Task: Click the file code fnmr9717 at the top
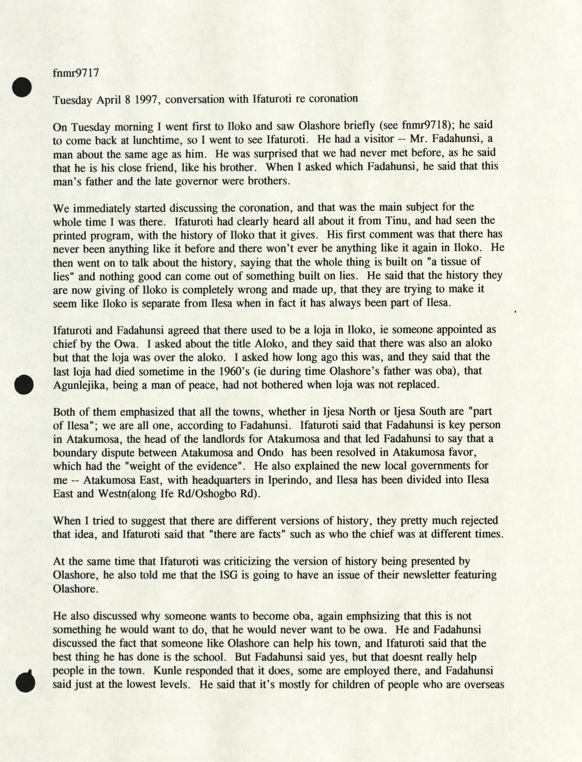76,73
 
